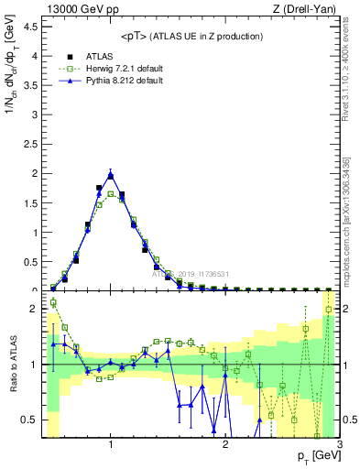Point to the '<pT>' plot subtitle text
pyautogui.click(x=192, y=36)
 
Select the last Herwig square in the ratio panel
pyautogui.click(x=328, y=310)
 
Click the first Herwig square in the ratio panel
pyautogui.click(x=53, y=302)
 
